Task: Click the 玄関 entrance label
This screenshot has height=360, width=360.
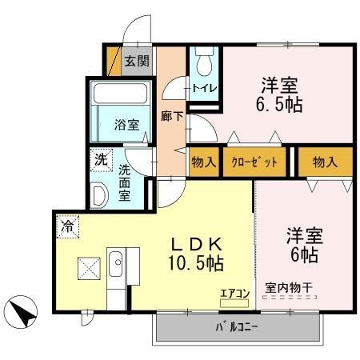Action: click(137, 61)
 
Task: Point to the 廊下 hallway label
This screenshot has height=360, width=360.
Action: click(171, 115)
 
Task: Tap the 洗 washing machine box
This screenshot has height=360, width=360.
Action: click(100, 158)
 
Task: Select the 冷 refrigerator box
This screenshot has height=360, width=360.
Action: click(67, 227)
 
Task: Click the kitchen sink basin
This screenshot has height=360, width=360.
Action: click(116, 262)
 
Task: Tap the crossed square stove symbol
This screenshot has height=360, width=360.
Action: click(87, 268)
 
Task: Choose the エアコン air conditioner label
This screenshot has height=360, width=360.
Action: click(235, 294)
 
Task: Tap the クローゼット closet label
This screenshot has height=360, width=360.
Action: click(255, 162)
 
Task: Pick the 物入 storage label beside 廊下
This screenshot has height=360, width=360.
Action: click(203, 162)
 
